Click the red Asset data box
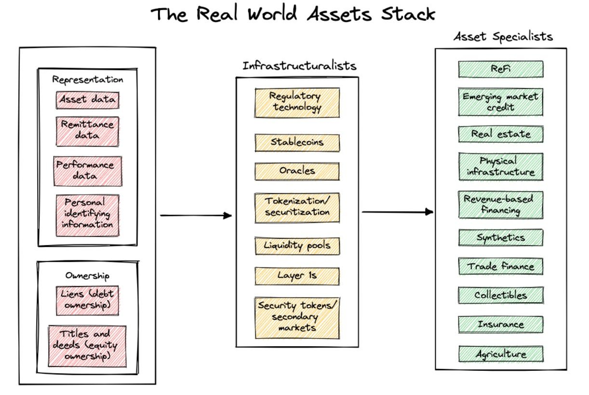point(87,100)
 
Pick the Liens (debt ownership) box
point(87,300)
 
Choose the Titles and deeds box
point(87,346)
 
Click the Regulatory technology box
point(297,102)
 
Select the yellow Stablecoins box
point(297,142)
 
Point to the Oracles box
point(297,171)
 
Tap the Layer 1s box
point(297,275)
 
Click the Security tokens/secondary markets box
point(297,316)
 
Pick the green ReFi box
point(501,69)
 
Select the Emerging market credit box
point(501,102)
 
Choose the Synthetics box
point(501,237)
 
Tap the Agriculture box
point(501,354)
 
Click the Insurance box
point(501,324)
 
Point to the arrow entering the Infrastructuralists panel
point(196,216)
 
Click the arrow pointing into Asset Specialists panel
point(398,211)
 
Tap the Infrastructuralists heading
point(299,66)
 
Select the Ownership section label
point(87,276)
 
